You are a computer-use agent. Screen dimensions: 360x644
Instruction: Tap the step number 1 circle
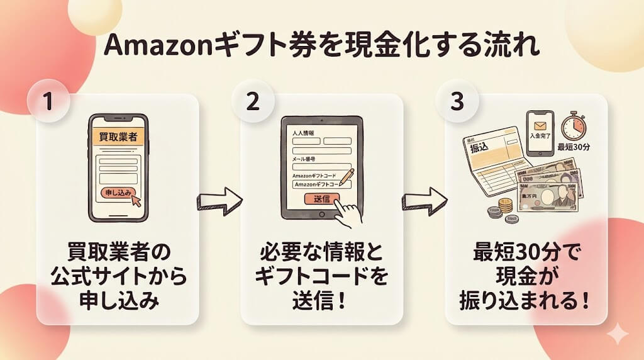pos(47,101)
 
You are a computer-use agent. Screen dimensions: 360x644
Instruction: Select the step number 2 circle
pos(252,101)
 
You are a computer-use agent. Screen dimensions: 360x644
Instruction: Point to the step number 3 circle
pos(457,101)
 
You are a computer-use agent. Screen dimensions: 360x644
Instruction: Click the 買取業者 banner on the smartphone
pos(118,137)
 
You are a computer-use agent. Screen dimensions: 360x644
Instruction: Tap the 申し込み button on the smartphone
pos(118,193)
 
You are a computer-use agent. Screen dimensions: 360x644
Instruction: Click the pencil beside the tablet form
pos(347,177)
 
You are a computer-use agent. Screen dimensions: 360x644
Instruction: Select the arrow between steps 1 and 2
pos(219,201)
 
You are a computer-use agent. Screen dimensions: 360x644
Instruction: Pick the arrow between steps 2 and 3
pos(425,201)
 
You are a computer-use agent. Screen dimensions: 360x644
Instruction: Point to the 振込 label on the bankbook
pos(479,147)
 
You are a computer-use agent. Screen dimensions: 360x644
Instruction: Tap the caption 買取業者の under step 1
pos(118,253)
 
